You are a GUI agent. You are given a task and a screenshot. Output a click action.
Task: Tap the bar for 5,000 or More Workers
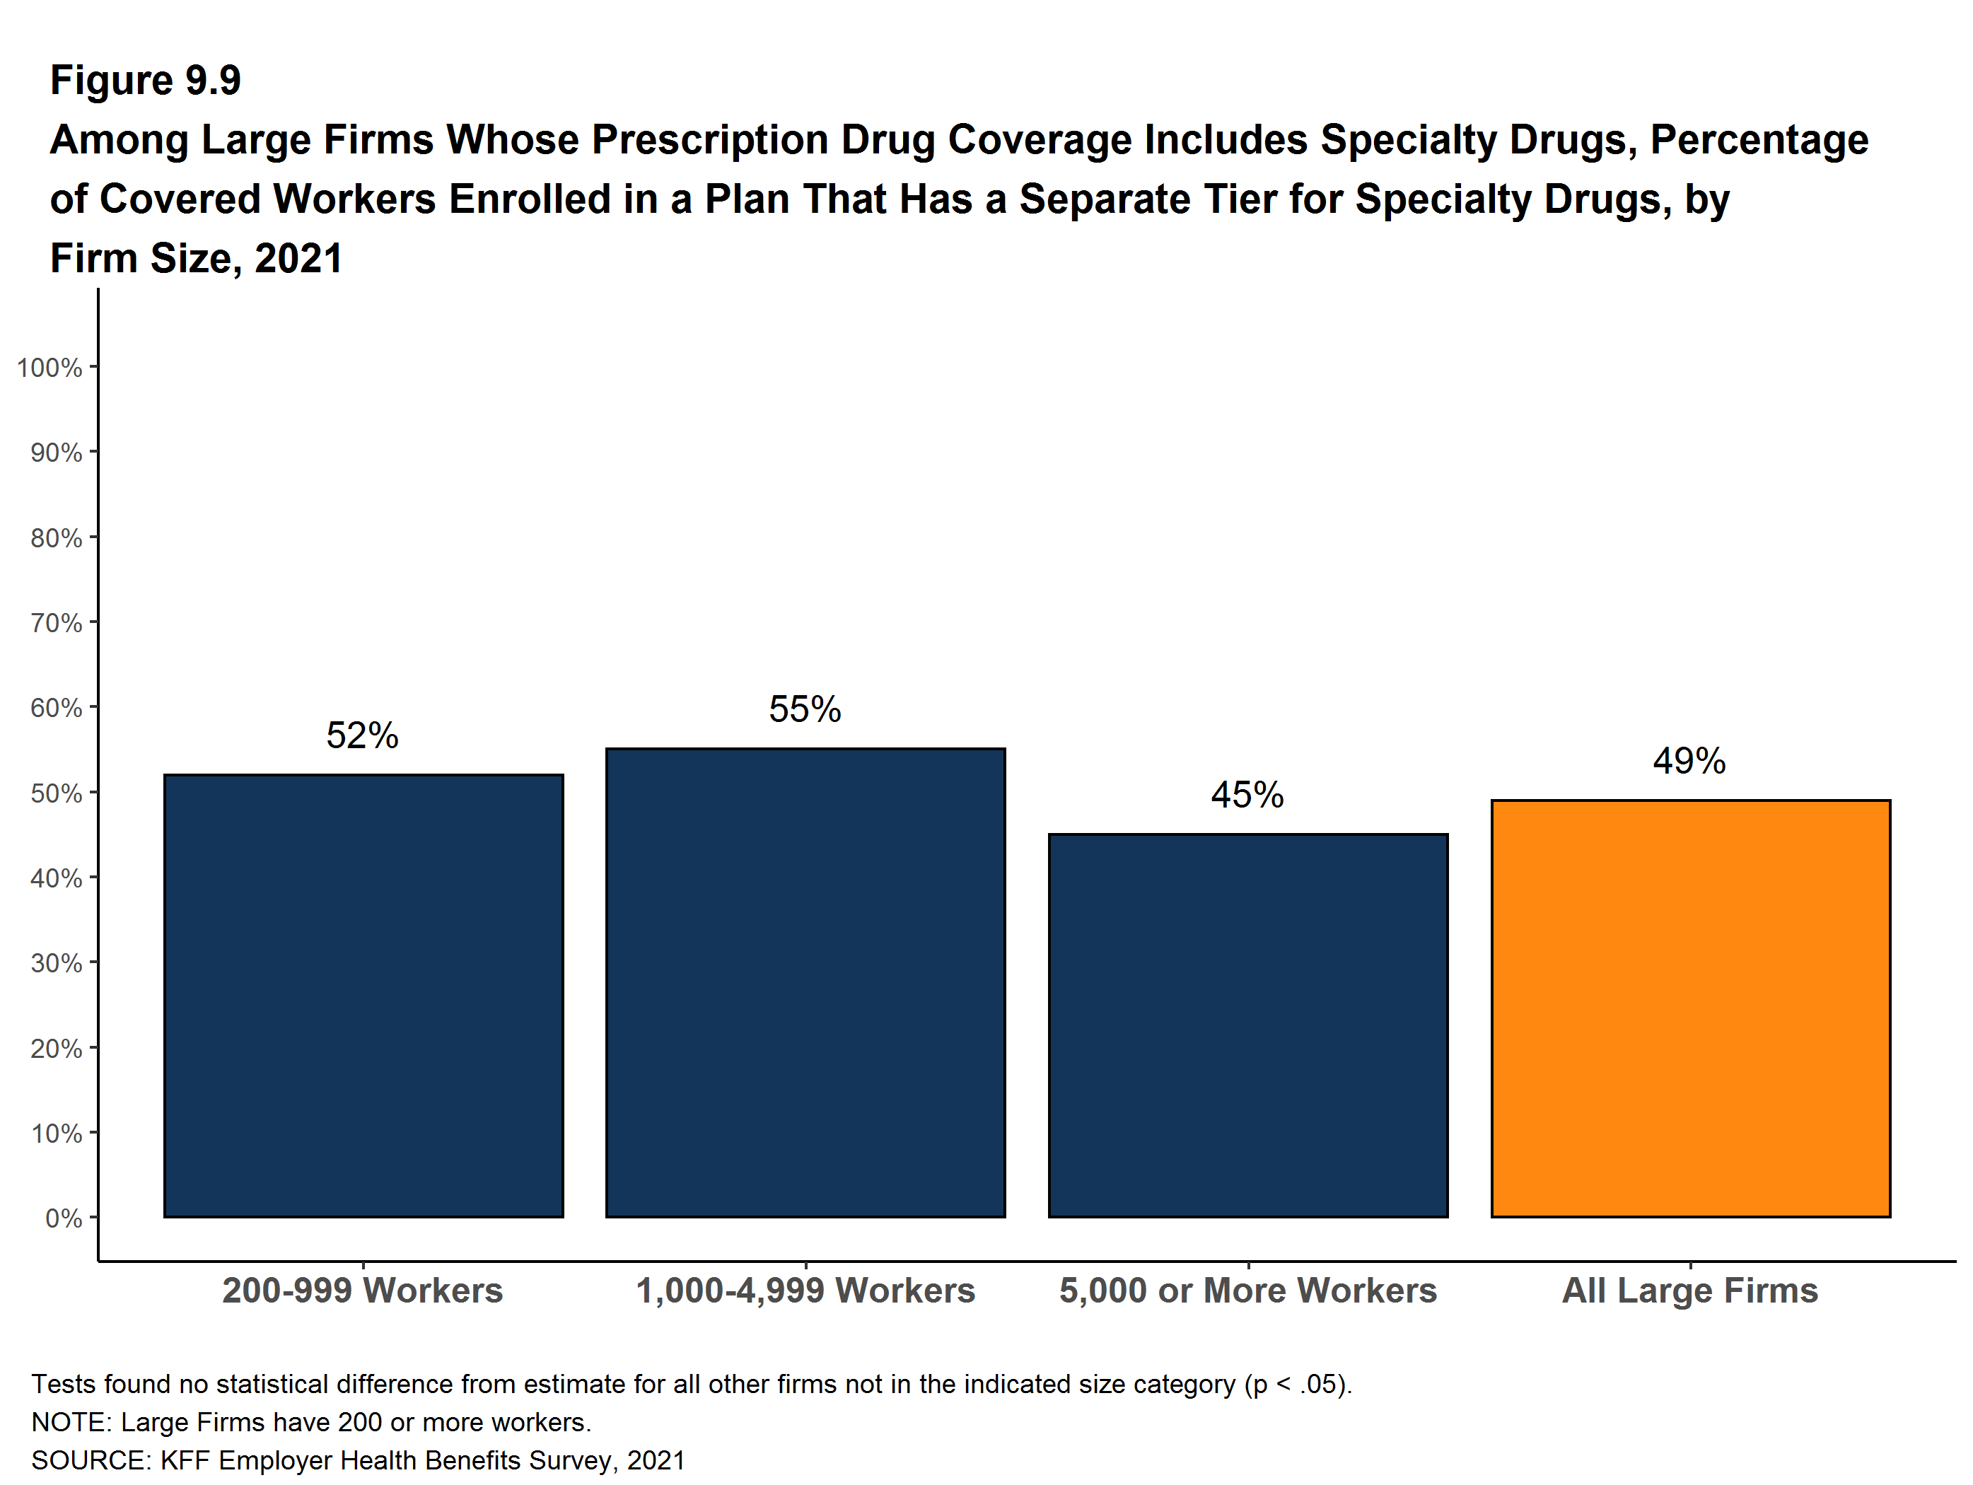coord(1248,1025)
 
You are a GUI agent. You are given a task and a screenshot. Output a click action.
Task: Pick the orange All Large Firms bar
coord(1690,1008)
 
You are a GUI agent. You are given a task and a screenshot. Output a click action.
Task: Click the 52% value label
coord(362,736)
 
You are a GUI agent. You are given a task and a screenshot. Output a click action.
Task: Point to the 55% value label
coord(805,710)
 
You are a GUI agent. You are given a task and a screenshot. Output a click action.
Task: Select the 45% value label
coord(1247,795)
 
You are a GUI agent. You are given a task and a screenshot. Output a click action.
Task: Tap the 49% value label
coord(1689,761)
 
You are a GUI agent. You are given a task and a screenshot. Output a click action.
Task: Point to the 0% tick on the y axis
coord(64,1218)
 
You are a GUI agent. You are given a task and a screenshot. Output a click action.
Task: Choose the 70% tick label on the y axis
coord(56,622)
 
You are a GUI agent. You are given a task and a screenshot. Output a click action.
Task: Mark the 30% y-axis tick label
coord(56,963)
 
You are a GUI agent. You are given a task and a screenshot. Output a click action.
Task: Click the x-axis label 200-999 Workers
coord(362,1291)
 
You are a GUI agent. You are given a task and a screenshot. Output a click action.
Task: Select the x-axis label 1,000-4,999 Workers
coord(805,1291)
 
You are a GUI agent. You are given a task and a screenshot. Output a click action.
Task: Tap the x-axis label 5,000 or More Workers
coord(1248,1291)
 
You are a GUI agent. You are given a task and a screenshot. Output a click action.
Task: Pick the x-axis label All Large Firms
coord(1689,1291)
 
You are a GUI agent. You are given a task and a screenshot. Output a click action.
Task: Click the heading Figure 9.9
coord(146,81)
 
